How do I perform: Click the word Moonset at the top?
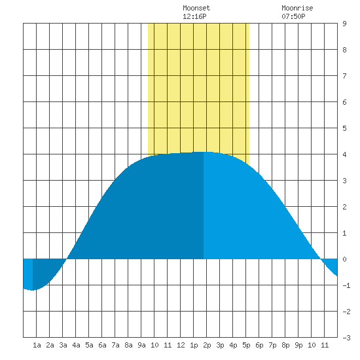196,8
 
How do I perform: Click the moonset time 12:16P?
194,16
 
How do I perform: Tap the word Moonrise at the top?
297,8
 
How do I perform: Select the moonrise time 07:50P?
293,16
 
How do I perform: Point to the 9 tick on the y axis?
344,24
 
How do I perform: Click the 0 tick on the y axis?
344,259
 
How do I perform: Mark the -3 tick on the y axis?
346,338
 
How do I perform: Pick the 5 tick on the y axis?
344,128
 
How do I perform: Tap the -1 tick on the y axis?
346,285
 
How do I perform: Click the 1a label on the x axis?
37,345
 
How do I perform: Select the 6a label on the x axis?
102,345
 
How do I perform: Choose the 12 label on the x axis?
181,345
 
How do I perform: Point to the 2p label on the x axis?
207,345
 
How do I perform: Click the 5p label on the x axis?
246,345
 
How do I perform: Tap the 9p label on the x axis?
298,345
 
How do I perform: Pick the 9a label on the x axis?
141,345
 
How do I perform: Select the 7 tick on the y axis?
344,76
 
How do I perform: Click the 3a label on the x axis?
63,345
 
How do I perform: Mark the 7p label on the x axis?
272,345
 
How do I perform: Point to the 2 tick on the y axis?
344,207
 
